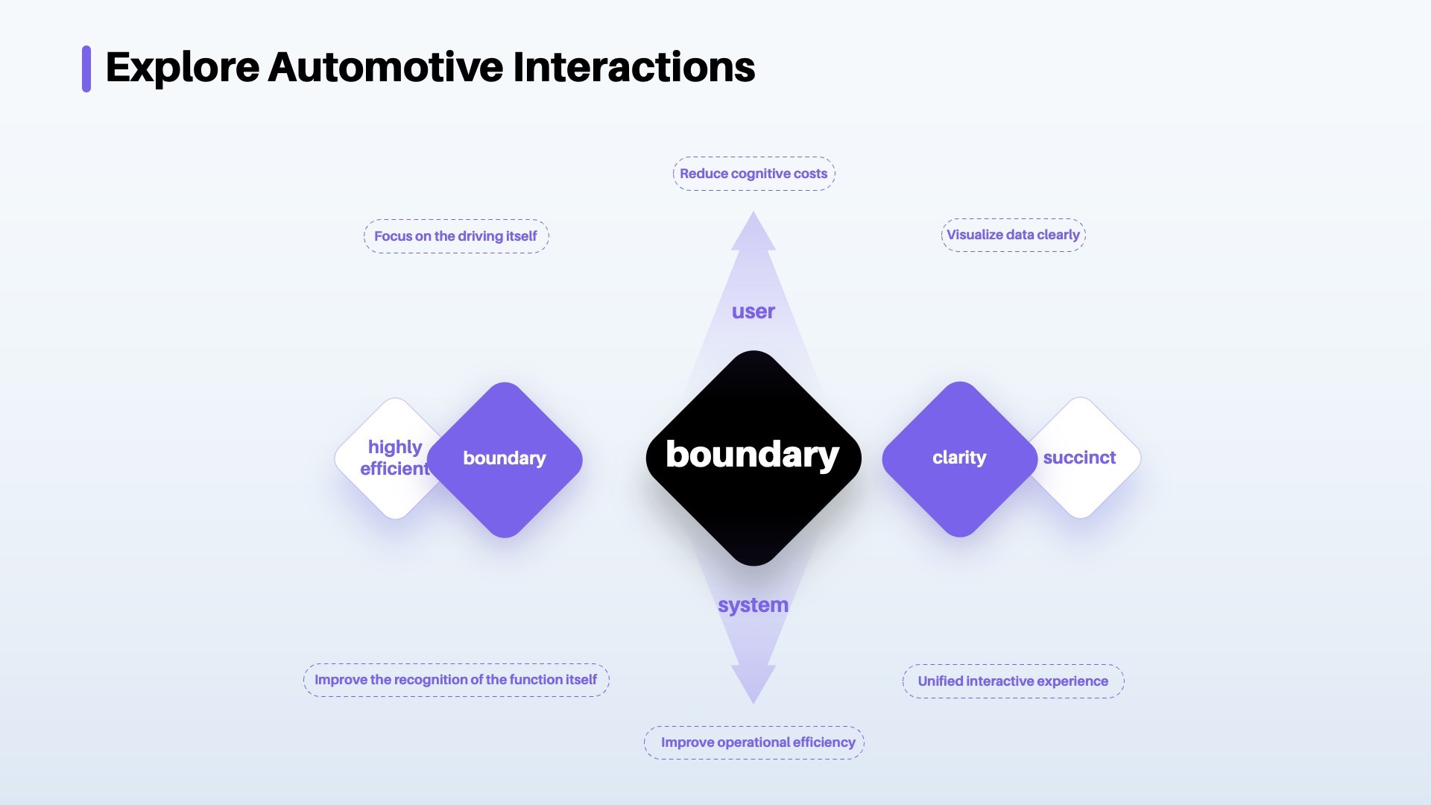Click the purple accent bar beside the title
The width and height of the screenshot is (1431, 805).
pyautogui.click(x=86, y=69)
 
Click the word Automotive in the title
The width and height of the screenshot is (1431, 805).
pyautogui.click(x=385, y=67)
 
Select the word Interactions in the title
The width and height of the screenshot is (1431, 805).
pyautogui.click(x=634, y=67)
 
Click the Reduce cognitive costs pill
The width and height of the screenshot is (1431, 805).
pyautogui.click(x=754, y=174)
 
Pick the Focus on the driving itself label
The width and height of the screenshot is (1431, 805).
pyautogui.click(x=456, y=236)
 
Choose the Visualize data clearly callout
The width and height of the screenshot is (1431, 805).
pyautogui.click(x=1013, y=235)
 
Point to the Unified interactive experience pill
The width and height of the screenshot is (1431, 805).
pyautogui.click(x=1013, y=681)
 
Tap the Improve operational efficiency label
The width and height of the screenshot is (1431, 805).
pyautogui.click(x=754, y=742)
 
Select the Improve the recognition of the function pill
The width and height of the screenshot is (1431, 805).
pyautogui.click(x=456, y=680)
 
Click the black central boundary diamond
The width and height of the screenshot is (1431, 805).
pyautogui.click(x=754, y=458)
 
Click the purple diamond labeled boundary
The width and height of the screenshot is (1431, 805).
pyautogui.click(x=505, y=459)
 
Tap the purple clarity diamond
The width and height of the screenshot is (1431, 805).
pyautogui.click(x=959, y=458)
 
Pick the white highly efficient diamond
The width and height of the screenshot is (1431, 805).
pyautogui.click(x=388, y=458)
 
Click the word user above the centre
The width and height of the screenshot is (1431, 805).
pyautogui.click(x=753, y=312)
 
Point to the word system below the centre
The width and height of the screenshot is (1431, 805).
pyautogui.click(x=753, y=605)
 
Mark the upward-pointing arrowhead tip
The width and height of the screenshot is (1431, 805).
pyautogui.click(x=754, y=212)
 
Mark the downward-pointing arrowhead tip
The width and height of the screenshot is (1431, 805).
pyautogui.click(x=754, y=704)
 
